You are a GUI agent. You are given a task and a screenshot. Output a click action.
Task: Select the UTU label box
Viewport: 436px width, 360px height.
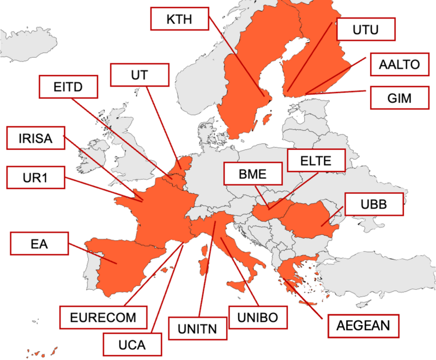click(x=365, y=29)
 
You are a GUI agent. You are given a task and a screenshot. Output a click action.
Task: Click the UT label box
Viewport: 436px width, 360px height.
click(x=140, y=75)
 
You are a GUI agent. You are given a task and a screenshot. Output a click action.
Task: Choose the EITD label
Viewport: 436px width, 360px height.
click(x=68, y=87)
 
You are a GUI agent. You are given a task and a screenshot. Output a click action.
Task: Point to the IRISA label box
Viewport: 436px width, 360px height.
click(x=35, y=138)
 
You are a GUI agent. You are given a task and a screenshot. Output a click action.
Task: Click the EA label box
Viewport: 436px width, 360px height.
click(x=40, y=243)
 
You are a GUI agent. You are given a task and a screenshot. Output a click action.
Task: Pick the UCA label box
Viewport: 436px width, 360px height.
click(x=132, y=344)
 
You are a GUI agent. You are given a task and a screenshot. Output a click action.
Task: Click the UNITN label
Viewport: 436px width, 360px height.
click(x=197, y=328)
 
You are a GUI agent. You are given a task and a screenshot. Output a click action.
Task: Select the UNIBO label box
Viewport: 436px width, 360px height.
click(x=258, y=316)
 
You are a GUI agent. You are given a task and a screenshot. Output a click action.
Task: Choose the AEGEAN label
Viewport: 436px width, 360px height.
click(x=364, y=326)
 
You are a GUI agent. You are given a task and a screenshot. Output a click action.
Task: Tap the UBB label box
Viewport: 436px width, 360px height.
click(x=374, y=205)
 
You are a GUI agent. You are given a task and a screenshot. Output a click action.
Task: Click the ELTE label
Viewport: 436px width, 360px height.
click(x=316, y=160)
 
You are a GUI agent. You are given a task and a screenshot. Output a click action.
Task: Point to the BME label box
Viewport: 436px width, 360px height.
click(x=252, y=175)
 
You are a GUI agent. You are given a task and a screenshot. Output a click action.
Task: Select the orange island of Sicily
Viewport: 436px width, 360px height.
click(x=238, y=285)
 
